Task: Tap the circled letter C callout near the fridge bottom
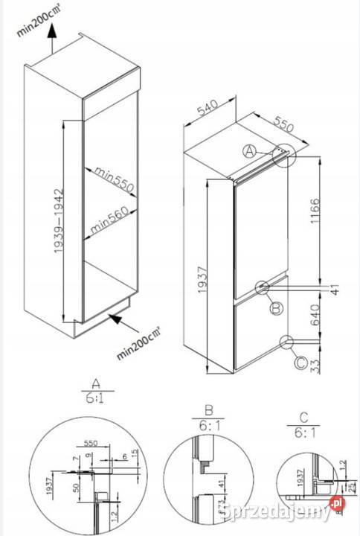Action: (x=300, y=363)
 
